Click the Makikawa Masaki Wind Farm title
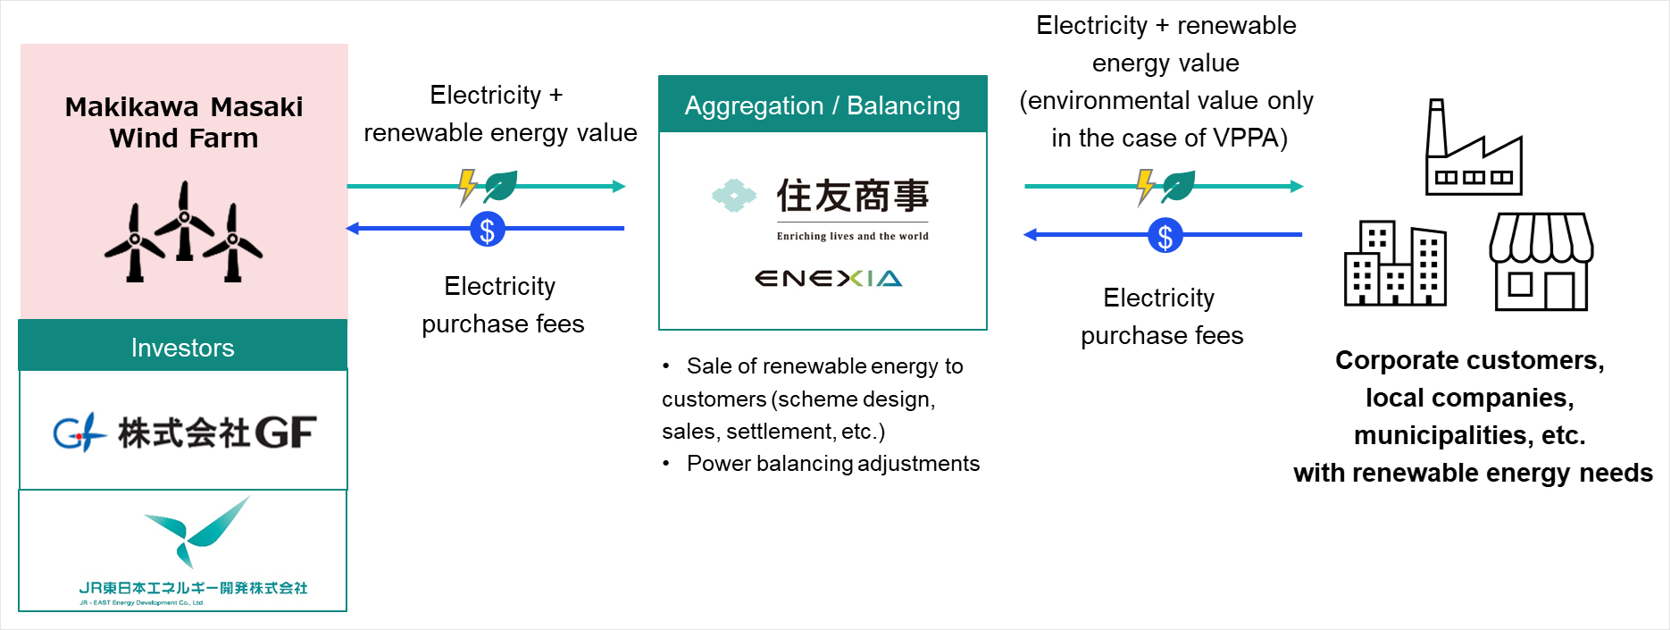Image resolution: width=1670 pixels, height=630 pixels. tap(184, 122)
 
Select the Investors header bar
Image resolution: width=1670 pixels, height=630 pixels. tap(183, 347)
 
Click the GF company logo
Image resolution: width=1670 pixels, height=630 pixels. tap(185, 433)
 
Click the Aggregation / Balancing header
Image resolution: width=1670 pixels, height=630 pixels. tap(822, 105)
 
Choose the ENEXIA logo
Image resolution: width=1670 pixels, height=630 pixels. tap(829, 279)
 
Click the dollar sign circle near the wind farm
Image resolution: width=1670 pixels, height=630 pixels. tap(488, 230)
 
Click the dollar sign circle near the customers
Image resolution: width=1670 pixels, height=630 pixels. tap(1165, 236)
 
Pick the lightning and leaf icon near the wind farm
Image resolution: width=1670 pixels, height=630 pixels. tap(488, 186)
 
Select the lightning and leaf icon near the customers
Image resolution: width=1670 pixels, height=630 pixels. tap(1165, 186)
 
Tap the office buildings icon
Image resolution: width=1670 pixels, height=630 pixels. tap(1395, 264)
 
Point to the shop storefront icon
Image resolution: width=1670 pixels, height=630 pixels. tap(1541, 262)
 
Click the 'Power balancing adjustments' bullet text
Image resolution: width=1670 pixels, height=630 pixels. tap(832, 464)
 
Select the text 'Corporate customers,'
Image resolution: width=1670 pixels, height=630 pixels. tap(1470, 360)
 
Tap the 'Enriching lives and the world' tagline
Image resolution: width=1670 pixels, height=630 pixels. tap(852, 237)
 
